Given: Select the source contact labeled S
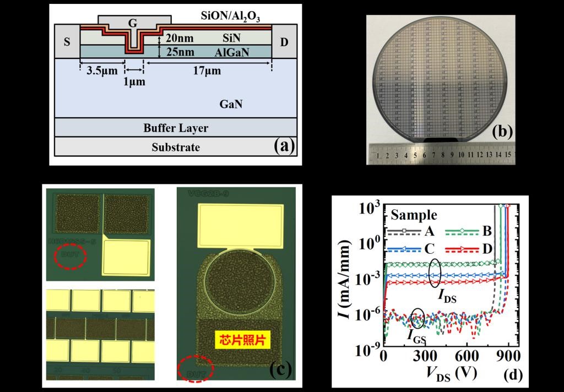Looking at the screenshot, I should (x=67, y=41).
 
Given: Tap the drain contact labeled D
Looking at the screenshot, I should (x=284, y=41).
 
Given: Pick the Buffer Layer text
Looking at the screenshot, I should (x=176, y=128).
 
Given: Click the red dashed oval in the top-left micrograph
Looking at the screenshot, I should (x=69, y=257).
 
